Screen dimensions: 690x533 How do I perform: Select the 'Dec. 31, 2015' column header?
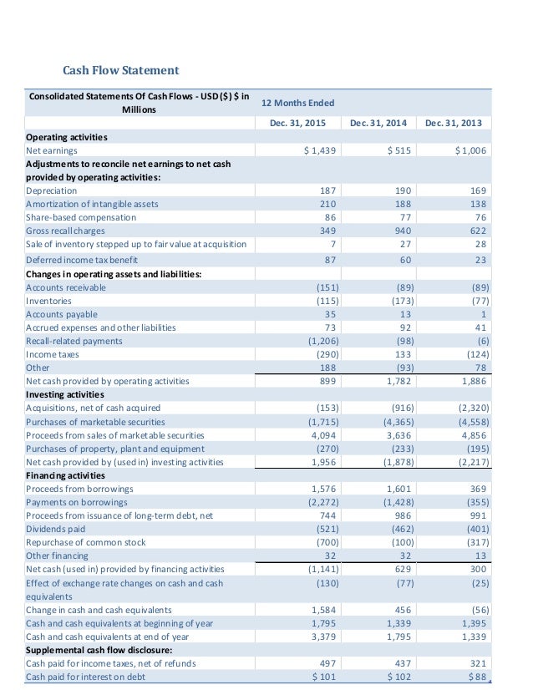[298, 124]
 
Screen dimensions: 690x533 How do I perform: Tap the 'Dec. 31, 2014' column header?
[378, 124]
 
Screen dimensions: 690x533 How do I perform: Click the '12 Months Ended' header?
[298, 103]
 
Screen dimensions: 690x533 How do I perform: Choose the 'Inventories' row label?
[49, 301]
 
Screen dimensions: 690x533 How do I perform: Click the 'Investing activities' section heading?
[65, 394]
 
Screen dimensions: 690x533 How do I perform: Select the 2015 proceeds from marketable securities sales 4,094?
[323, 435]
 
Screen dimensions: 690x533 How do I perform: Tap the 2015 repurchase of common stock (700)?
[322, 542]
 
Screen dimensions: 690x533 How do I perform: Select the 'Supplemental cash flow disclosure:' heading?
[99, 650]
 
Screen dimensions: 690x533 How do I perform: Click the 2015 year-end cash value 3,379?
[323, 637]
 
